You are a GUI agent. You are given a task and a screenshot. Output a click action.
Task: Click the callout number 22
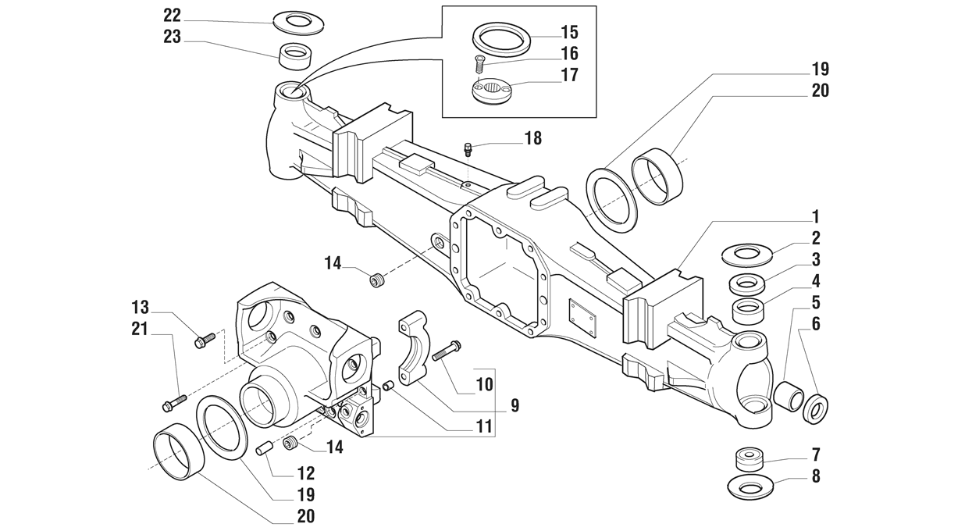coord(172,16)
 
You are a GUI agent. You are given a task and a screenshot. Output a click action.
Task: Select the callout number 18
coord(533,138)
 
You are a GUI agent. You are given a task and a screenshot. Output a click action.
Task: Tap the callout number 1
coord(815,216)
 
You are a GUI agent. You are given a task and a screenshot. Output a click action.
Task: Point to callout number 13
coord(141,308)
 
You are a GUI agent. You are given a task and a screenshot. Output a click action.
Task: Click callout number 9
coord(515,405)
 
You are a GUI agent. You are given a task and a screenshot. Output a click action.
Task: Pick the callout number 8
coord(816,476)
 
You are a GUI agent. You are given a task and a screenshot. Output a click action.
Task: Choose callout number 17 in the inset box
coord(569,75)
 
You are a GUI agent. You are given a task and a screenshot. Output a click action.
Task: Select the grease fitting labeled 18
coord(468,149)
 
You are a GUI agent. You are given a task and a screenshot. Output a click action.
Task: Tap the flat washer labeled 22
coord(298,22)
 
